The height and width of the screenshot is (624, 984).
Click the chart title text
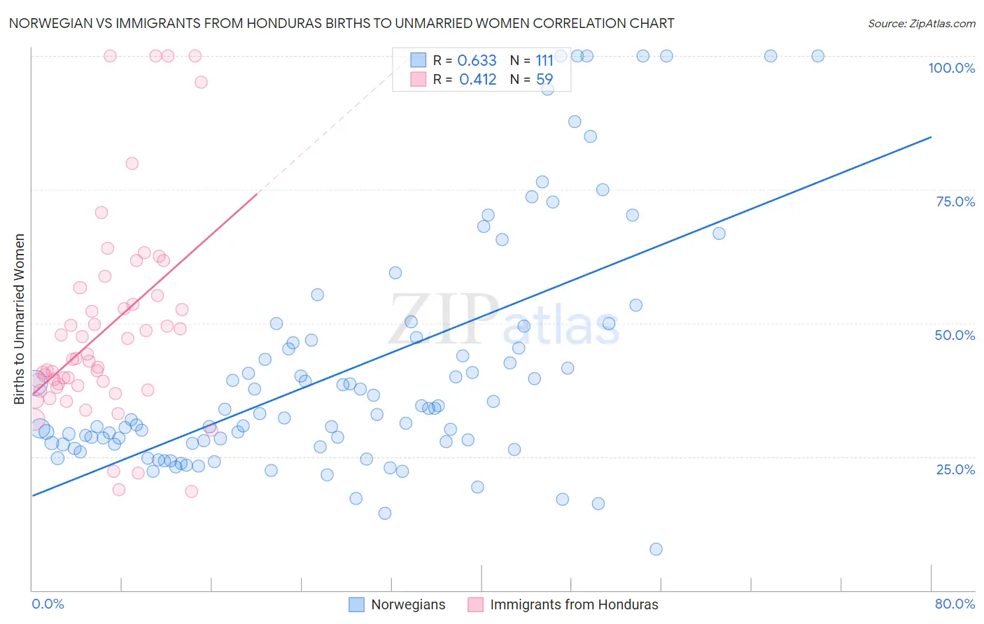(x=342, y=23)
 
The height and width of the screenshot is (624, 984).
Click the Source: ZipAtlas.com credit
(x=921, y=23)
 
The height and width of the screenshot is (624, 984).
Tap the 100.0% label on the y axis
(x=951, y=68)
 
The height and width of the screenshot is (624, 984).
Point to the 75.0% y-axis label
(x=955, y=201)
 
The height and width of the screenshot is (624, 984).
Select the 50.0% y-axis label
(x=955, y=335)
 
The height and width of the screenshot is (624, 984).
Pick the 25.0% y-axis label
(x=955, y=469)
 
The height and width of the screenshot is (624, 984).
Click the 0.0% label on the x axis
(x=48, y=604)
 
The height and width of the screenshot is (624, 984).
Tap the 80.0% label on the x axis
(x=955, y=604)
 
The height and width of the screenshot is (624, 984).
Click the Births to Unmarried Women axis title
(x=19, y=319)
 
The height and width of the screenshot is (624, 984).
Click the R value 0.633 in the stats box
(x=477, y=61)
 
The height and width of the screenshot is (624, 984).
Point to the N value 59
(x=544, y=80)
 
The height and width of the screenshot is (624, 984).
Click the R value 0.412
(x=477, y=80)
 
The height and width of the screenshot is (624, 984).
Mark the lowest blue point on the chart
(x=656, y=549)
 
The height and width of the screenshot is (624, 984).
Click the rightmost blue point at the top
(x=817, y=56)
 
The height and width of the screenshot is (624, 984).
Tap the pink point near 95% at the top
(x=201, y=82)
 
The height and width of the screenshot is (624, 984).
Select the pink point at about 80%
(x=132, y=164)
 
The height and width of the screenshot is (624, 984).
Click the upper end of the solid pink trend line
(x=257, y=194)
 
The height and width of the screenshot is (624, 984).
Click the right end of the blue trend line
(x=931, y=137)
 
